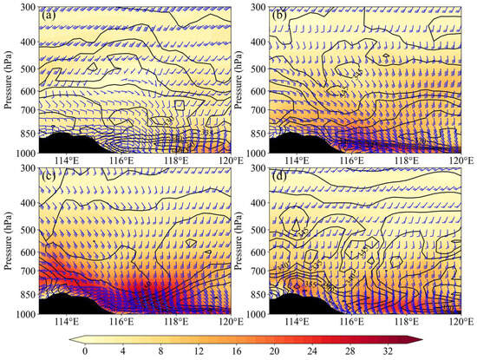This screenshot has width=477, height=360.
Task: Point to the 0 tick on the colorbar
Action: (x=84, y=350)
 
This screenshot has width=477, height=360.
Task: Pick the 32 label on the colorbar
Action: (x=389, y=350)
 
